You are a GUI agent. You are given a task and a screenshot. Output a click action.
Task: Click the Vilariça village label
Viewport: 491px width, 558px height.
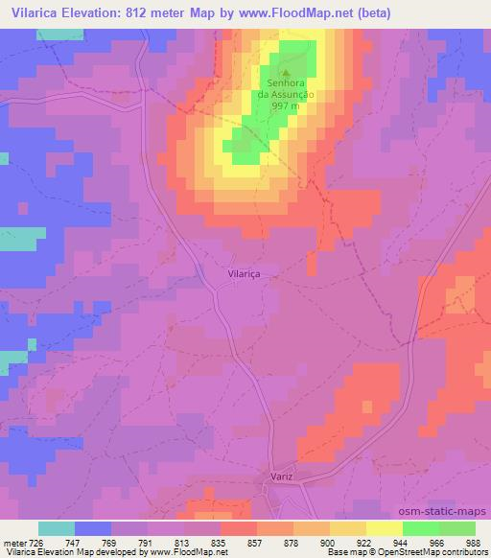245,273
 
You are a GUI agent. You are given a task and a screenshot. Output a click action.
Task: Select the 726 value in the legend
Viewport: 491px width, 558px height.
36,543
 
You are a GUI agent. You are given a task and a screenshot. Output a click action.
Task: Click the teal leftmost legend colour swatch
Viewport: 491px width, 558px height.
57,528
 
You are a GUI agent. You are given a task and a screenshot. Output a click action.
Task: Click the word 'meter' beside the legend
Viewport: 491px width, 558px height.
14,543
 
